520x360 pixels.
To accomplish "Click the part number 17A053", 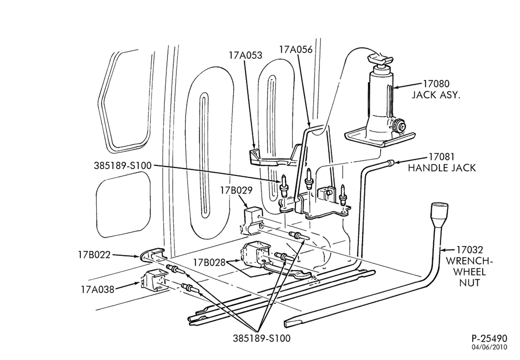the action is click(x=245, y=55).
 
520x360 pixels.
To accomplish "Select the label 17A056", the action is click(x=296, y=49).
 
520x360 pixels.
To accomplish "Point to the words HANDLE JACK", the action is click(x=441, y=168).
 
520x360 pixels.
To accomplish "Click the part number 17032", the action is click(x=469, y=249).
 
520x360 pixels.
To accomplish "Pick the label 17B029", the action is click(x=237, y=190).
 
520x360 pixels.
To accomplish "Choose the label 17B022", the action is click(x=94, y=255).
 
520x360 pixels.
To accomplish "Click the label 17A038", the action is click(x=98, y=289).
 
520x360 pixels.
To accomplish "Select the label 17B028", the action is click(x=210, y=262).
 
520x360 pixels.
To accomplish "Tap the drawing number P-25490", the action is click(x=489, y=339).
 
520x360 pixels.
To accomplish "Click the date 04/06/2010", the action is click(x=490, y=347).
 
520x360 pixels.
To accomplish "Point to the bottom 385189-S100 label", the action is click(x=262, y=338).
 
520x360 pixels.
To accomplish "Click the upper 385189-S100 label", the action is click(x=122, y=165).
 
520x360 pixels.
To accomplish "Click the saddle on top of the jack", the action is click(x=380, y=60).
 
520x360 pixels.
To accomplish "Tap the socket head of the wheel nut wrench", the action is click(x=439, y=214).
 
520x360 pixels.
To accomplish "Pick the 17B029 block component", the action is click(x=253, y=220).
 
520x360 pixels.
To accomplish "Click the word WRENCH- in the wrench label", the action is click(x=469, y=261).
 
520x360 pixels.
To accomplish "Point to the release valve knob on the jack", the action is click(x=399, y=126).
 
